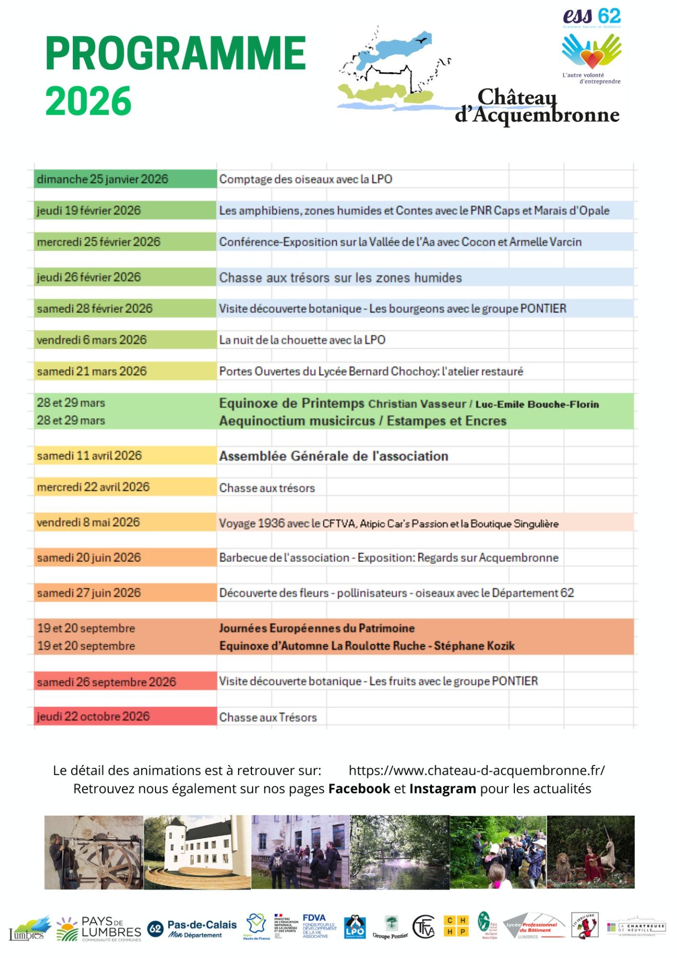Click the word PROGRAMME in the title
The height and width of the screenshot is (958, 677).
175,53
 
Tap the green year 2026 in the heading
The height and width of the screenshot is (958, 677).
88,101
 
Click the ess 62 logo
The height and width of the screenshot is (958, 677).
592,45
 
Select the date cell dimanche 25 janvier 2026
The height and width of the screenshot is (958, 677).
103,179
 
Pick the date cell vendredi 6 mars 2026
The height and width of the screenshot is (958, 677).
92,340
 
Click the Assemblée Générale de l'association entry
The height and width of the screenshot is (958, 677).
334,456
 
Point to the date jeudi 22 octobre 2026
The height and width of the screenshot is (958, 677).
93,717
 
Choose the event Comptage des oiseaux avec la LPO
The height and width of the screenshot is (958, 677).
305,179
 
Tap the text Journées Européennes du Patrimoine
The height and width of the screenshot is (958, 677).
317,628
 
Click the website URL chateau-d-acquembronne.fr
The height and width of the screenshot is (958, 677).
476,770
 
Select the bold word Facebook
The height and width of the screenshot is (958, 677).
359,789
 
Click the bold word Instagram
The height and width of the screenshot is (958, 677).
443,789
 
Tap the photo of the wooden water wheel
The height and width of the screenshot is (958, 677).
94,852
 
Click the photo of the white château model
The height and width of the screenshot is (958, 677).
197,852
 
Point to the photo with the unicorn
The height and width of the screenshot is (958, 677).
591,852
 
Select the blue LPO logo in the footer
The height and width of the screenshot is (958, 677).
355,928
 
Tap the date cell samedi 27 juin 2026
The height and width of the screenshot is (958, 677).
89,593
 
